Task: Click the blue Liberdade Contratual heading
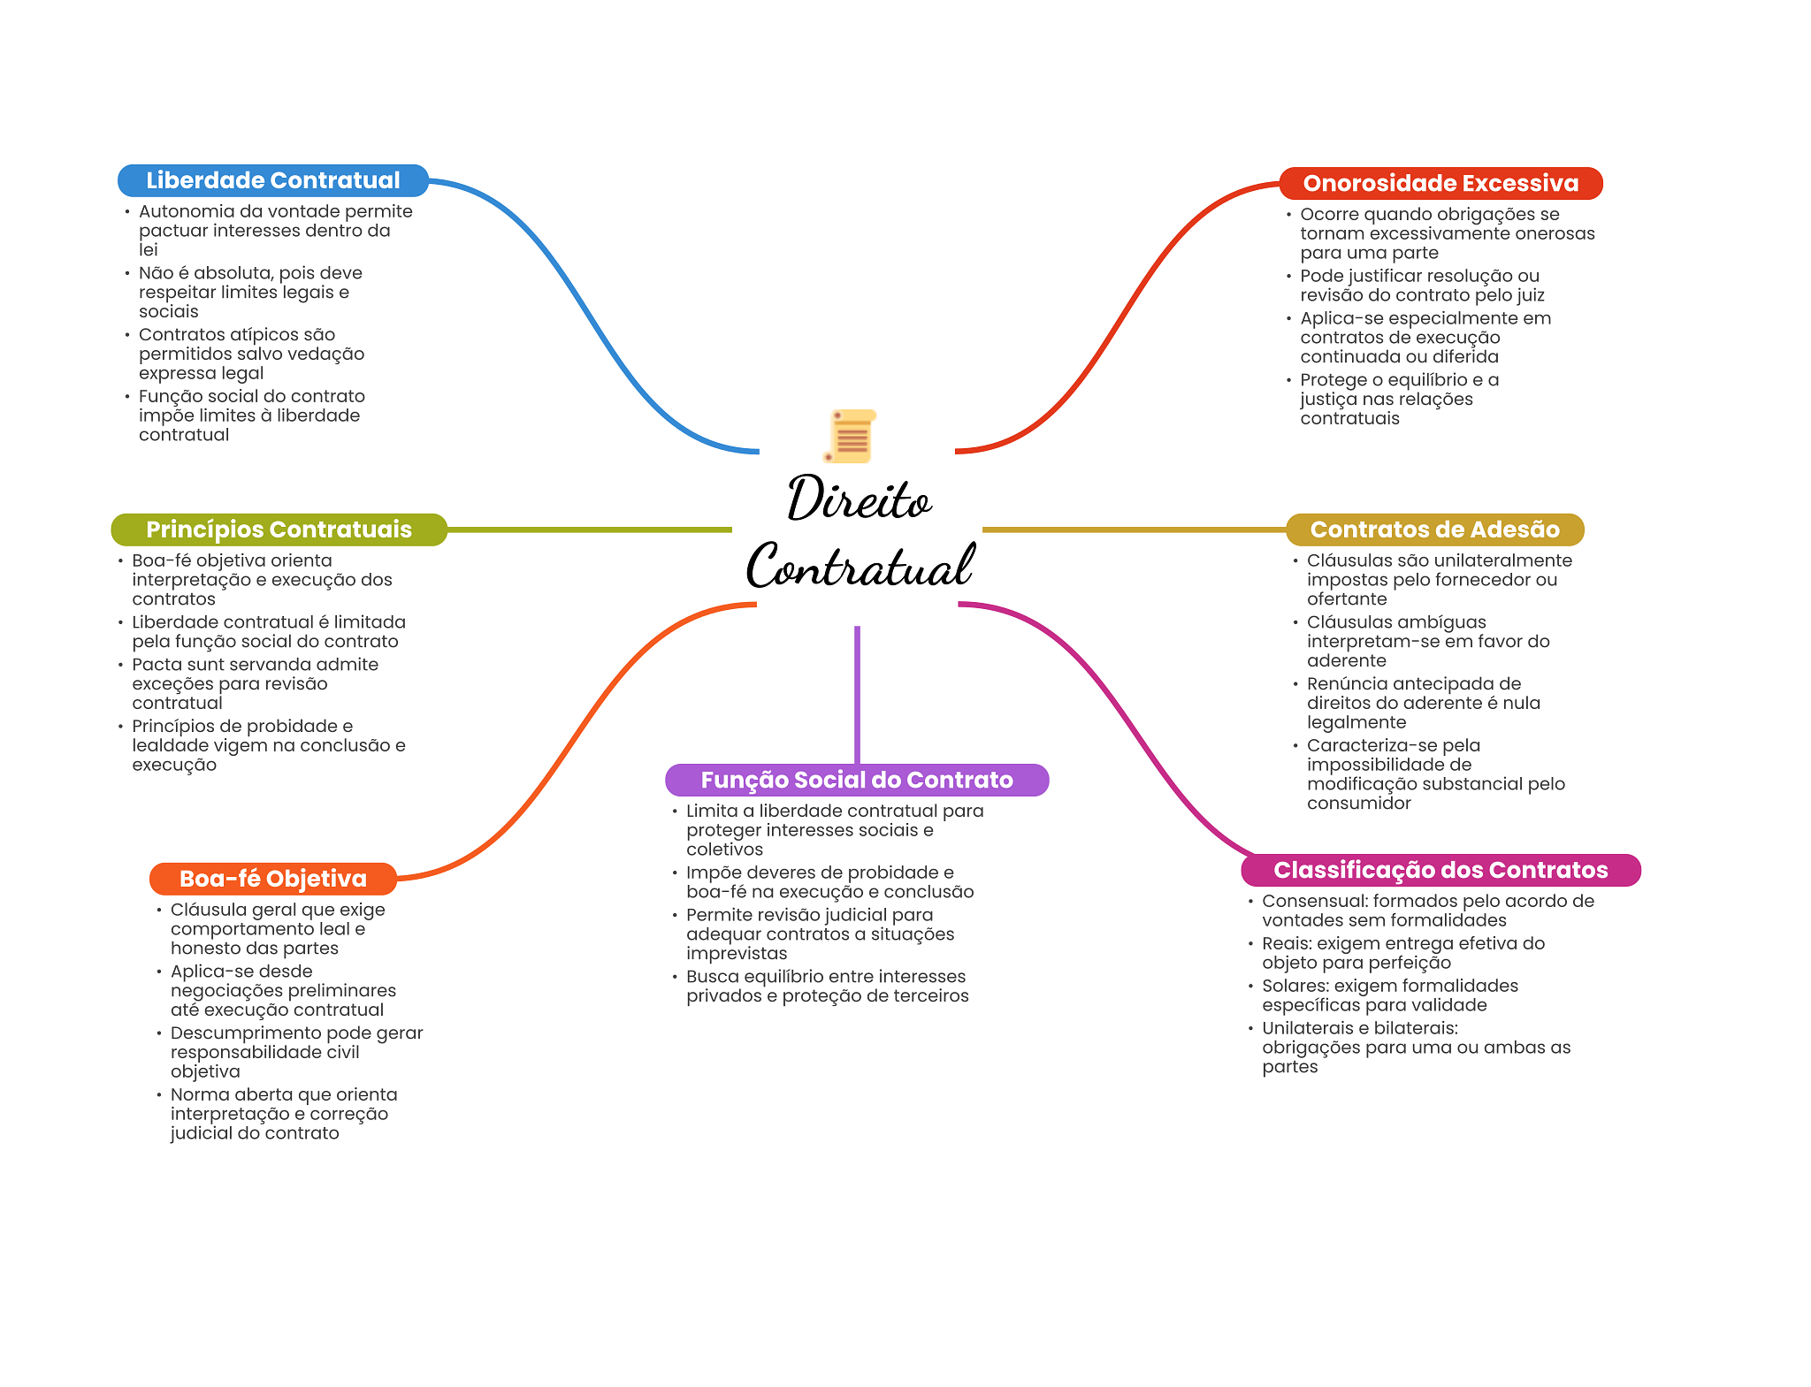272,180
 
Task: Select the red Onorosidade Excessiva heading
1440,183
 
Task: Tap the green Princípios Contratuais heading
279,530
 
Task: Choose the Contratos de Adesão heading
1434,530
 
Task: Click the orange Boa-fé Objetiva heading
272,879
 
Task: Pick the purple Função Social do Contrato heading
856,780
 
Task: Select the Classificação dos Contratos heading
1440,870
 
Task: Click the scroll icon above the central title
851,436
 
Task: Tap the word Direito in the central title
859,499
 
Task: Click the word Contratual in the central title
860,566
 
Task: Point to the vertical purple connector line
857,694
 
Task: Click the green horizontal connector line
589,530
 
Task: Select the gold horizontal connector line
1134,530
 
